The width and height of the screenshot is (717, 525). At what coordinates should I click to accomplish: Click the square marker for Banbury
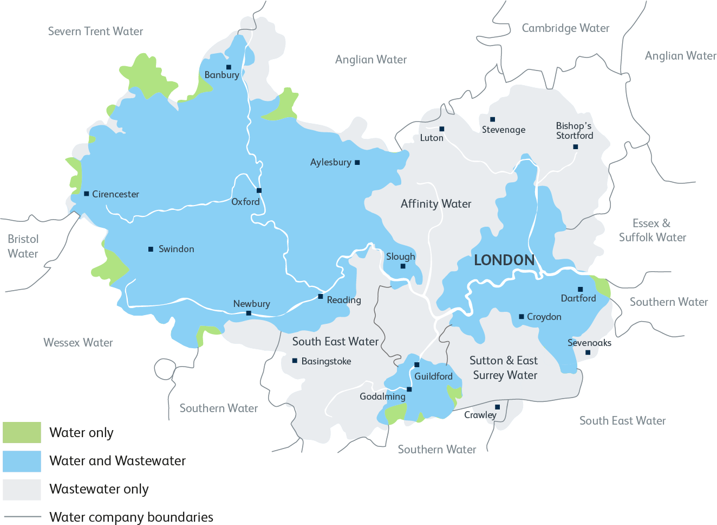point(229,67)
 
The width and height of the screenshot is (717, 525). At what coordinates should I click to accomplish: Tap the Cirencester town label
point(115,194)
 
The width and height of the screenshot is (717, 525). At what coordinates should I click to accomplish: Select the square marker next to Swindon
point(151,249)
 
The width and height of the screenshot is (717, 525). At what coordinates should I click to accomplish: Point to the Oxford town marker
point(259,190)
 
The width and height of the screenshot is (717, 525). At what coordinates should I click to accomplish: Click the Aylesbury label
point(330,162)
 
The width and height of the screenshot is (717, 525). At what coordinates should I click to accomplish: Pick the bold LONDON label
point(504,260)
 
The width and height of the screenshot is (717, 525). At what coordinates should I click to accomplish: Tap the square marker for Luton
point(442,129)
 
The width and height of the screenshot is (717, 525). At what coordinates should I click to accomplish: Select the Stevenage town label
point(504,130)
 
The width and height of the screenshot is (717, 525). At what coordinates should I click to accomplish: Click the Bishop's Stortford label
point(574,131)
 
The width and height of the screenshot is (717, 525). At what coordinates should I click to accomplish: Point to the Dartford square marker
point(580,290)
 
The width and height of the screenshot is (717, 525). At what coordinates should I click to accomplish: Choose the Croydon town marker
point(522,317)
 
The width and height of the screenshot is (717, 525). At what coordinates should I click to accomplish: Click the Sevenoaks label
point(589,343)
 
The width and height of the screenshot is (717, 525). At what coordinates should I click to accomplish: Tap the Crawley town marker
point(497,407)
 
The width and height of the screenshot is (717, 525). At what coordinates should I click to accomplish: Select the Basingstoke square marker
point(295,361)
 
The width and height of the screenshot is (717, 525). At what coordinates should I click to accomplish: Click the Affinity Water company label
point(436,204)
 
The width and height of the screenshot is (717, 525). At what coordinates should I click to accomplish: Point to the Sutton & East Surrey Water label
point(504,368)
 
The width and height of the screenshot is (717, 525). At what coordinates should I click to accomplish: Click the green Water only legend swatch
point(22,433)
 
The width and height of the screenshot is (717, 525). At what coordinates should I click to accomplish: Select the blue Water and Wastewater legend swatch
point(22,461)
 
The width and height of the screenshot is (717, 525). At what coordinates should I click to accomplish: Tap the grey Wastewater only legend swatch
point(22,489)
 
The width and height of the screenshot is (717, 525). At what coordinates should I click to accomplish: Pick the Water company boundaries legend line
point(22,517)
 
